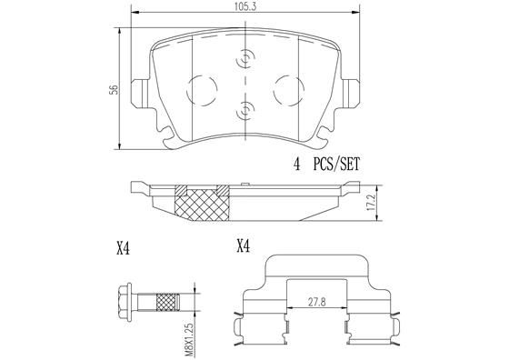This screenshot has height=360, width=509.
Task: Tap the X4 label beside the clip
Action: coord(243,245)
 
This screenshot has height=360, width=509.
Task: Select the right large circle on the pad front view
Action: coord(287,89)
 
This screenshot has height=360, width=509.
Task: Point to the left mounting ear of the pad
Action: coord(141,92)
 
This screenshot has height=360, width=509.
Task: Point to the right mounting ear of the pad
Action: coord(349,92)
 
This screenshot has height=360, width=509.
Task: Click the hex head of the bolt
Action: coord(127,300)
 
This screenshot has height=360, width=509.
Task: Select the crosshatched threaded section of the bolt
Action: coord(169,300)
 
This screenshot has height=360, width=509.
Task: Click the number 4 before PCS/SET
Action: coord(296,165)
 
